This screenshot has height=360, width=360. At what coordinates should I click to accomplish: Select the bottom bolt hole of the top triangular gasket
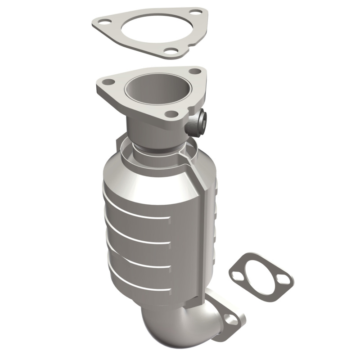click(170, 51)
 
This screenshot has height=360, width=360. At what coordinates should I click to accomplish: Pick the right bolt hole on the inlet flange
click(194, 71)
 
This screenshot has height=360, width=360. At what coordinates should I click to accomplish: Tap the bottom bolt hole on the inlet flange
click(171, 114)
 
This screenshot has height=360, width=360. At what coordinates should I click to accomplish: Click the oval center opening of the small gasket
click(261, 274)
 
